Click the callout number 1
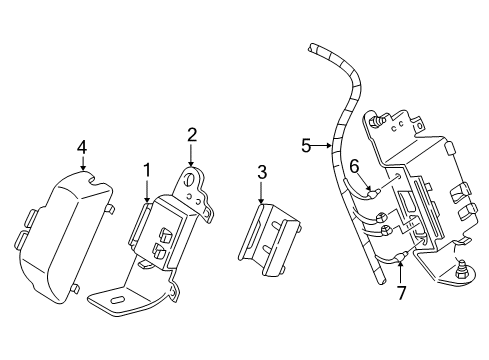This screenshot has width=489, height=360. tap(147, 171)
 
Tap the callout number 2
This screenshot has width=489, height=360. tap(192, 135)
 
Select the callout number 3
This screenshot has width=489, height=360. tap(262, 173)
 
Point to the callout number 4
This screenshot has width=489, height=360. tap(82, 147)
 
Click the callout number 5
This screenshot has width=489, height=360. tap(306, 146)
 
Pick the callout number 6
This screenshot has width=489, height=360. tap(354, 166)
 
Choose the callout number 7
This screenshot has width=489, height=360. tap(401, 293)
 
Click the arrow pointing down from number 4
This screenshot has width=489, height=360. tap(83, 163)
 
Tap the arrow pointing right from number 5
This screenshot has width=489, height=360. tap(322, 145)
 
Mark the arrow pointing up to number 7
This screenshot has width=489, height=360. tap(401, 272)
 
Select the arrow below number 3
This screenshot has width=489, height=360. tap(261, 192)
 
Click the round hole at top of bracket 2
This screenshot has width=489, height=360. tap(191, 180)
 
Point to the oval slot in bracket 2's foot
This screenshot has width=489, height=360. tap(116, 300)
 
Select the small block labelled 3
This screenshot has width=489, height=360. tap(269, 240)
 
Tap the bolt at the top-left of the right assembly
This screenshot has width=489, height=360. tap(376, 121)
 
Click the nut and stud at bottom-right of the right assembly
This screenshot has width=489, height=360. tap(463, 269)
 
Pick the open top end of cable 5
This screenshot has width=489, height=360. tap(312, 47)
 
